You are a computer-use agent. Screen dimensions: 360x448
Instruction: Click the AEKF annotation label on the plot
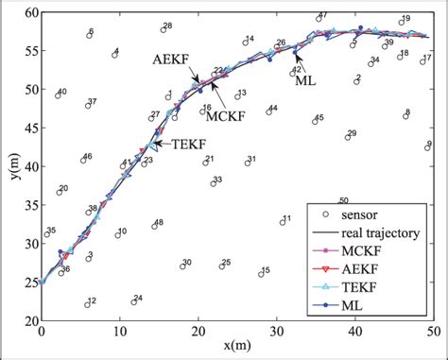click(x=170, y=59)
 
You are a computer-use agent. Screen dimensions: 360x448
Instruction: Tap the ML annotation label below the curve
click(x=302, y=81)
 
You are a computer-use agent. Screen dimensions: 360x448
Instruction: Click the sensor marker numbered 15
click(x=258, y=274)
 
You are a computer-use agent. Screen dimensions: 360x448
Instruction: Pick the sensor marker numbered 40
click(x=57, y=95)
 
